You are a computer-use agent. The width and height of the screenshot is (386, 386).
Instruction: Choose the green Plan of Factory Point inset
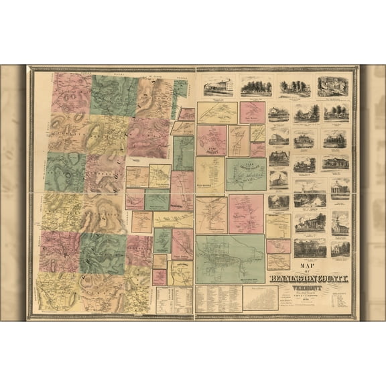point(245,174)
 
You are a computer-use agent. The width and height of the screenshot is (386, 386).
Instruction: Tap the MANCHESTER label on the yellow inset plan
point(210,179)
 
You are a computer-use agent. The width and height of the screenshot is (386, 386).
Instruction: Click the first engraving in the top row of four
point(218,86)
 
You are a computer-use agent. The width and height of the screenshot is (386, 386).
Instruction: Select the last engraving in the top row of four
point(334,86)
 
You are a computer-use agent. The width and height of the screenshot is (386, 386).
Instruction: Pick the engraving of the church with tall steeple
point(340,222)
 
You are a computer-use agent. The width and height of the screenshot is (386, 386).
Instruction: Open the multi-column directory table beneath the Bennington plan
point(218,299)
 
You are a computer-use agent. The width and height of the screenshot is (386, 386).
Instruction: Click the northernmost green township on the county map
point(115,95)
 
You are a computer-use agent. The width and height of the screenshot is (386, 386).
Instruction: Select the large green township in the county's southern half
point(103,253)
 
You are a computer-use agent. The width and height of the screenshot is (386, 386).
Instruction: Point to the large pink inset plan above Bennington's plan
point(246,214)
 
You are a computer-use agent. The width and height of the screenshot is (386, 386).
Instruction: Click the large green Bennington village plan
point(230,259)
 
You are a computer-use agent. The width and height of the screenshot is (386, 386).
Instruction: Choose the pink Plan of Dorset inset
point(211,139)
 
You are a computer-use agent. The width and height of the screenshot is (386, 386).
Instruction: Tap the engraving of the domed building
point(310,194)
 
